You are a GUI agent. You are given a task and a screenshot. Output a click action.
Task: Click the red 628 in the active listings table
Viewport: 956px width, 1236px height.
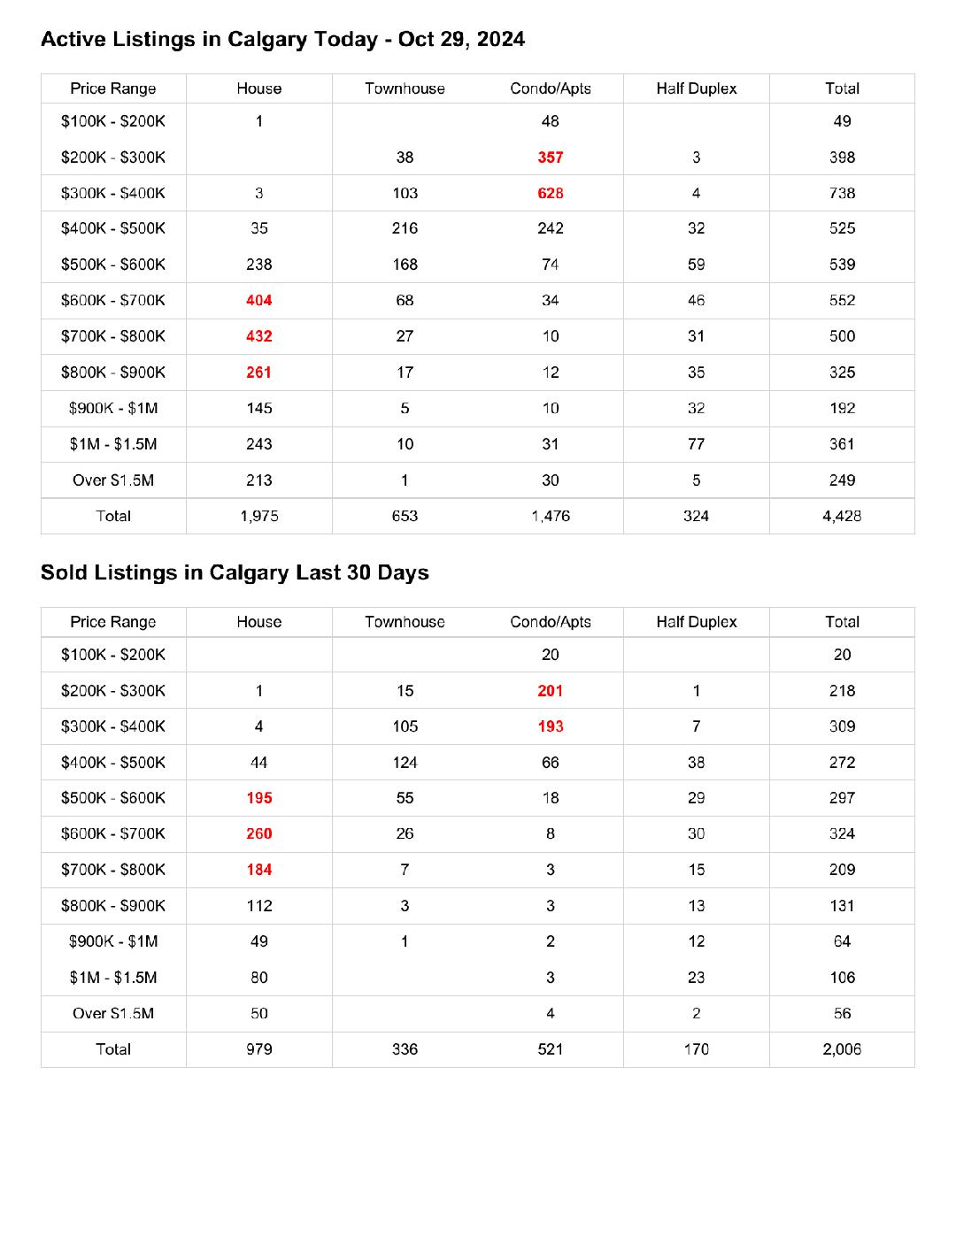tap(551, 193)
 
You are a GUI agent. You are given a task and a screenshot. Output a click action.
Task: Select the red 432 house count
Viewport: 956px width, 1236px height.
tap(259, 336)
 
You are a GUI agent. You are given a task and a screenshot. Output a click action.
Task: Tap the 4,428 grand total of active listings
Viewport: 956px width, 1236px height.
tap(842, 516)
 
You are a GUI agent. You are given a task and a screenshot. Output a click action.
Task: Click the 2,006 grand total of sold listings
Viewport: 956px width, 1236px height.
tap(842, 1049)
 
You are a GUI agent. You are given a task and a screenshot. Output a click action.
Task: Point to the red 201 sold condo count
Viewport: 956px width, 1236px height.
tap(551, 691)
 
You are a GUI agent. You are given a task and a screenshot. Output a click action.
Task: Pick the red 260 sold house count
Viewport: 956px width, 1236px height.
tap(259, 833)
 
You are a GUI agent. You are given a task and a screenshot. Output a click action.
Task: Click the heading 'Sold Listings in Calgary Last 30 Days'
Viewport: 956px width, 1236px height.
tap(235, 572)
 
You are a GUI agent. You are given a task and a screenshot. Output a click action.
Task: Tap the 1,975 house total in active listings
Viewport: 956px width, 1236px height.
tap(259, 516)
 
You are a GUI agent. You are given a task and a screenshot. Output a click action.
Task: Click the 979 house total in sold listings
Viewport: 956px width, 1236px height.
tap(259, 1049)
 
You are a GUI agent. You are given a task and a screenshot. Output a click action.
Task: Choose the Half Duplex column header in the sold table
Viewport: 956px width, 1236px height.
tap(697, 622)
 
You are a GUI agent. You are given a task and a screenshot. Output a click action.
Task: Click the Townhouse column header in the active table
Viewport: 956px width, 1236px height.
tap(405, 88)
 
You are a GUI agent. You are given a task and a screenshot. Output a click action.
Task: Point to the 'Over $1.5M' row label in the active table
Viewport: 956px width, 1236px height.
tap(113, 480)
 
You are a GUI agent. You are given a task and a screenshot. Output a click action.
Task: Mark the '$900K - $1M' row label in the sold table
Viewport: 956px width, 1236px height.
tap(113, 941)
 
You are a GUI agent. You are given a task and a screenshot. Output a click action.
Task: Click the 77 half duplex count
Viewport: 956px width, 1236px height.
tap(697, 444)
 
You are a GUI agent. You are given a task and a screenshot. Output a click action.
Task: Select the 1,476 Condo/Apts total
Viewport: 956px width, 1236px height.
tap(551, 516)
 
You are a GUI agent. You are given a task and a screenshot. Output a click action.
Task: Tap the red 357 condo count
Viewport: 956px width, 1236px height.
tap(551, 157)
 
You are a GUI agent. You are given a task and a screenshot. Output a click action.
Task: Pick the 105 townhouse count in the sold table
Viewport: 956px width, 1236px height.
tap(405, 726)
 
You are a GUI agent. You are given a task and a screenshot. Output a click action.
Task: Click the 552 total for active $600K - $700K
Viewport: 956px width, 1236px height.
tap(842, 301)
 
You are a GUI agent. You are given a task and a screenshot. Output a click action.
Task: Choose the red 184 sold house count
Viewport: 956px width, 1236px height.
tap(259, 870)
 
